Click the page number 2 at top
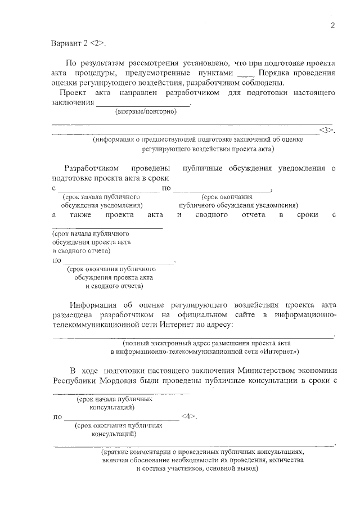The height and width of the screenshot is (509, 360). [x=332, y=25]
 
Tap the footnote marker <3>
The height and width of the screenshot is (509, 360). [x=327, y=130]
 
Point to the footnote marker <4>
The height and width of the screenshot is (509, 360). [x=189, y=417]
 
